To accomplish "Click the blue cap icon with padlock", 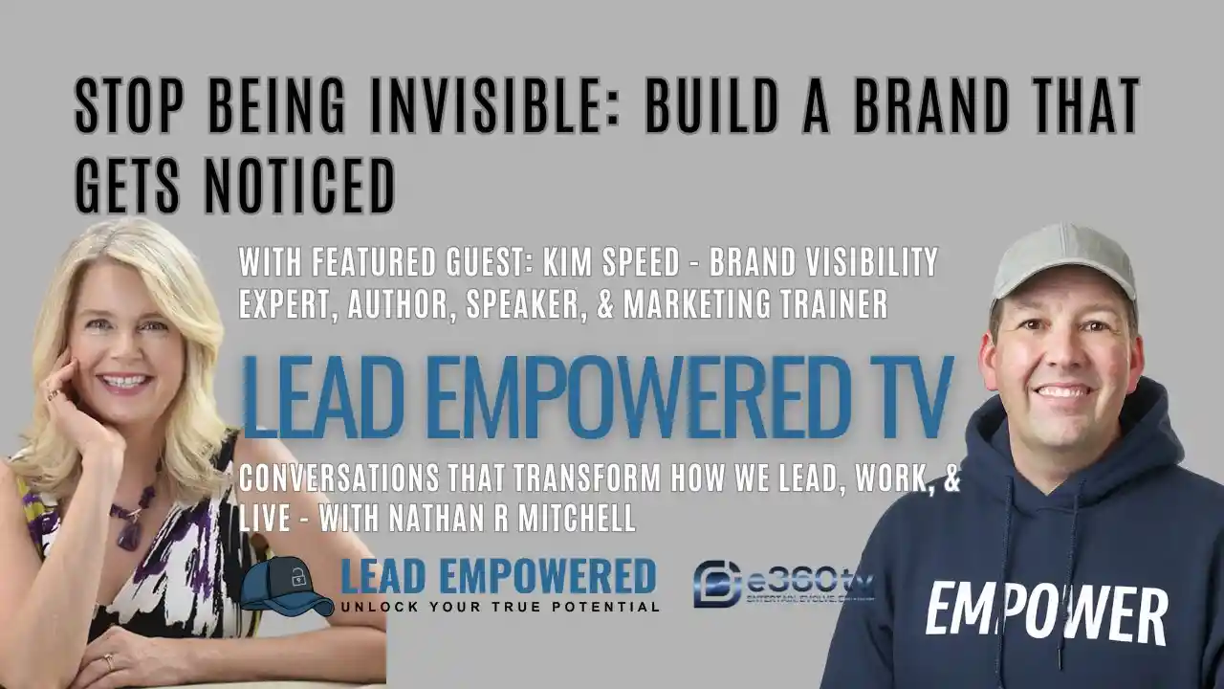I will pos(285,586).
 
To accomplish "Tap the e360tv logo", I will pos(782,584).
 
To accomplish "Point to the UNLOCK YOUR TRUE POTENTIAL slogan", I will pos(499,607).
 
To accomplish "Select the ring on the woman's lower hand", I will pos(108,661).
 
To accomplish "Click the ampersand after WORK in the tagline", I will pos(951,477).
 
